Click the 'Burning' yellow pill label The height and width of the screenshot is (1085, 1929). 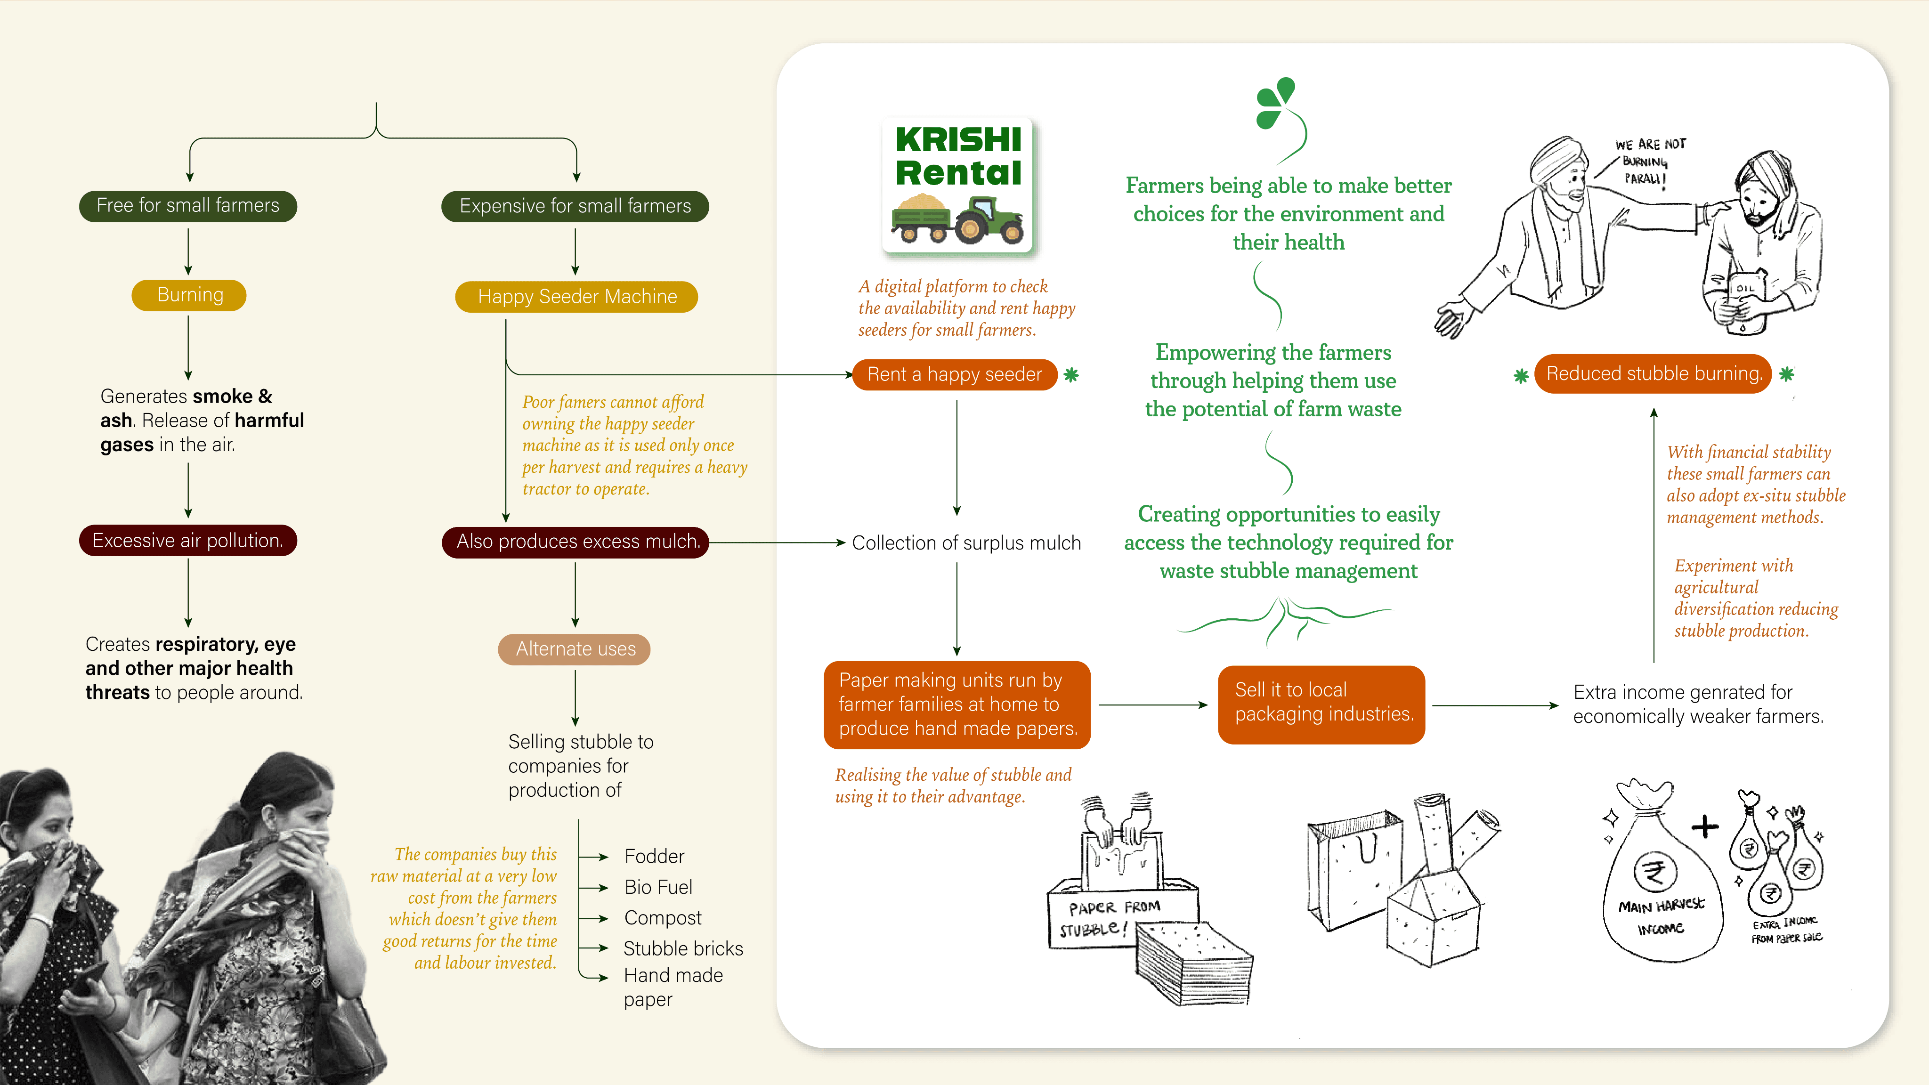189,295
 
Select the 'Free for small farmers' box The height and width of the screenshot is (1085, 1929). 188,206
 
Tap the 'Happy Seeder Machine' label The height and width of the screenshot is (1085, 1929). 576,297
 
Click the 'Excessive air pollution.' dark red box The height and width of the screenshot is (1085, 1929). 188,541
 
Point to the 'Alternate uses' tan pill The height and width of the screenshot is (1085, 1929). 575,649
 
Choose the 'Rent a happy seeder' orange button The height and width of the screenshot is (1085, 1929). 955,374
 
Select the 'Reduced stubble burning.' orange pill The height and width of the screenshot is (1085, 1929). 1653,373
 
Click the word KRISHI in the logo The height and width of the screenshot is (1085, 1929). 958,140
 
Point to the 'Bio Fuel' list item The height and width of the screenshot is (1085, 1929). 658,887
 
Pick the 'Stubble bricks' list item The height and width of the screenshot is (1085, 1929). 683,949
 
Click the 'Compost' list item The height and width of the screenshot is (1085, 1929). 663,918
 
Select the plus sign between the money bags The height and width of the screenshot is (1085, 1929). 1705,826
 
